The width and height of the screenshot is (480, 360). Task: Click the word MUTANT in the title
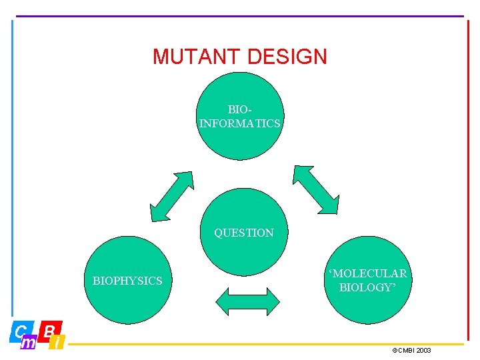[x=193, y=57]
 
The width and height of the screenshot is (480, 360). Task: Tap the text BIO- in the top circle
[x=241, y=109]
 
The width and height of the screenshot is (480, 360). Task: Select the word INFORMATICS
[x=240, y=123]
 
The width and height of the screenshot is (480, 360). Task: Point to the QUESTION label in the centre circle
[x=243, y=233]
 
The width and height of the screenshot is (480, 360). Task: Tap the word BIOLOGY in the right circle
[x=367, y=287]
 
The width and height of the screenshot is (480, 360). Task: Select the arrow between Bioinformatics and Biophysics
[x=171, y=196]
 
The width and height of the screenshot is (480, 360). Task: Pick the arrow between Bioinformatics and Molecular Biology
[x=316, y=189]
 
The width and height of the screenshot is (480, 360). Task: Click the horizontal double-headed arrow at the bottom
[x=247, y=301]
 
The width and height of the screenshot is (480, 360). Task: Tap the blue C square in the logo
[x=21, y=331]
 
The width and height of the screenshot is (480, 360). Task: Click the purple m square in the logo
[x=29, y=343]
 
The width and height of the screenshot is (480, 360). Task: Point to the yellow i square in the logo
[x=58, y=343]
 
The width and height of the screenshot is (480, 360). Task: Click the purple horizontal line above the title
[x=240, y=16]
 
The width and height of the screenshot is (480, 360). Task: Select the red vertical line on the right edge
[x=467, y=180]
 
